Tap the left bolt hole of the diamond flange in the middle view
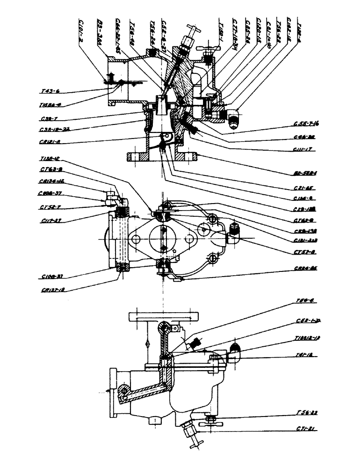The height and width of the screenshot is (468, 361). (x=136, y=239)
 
